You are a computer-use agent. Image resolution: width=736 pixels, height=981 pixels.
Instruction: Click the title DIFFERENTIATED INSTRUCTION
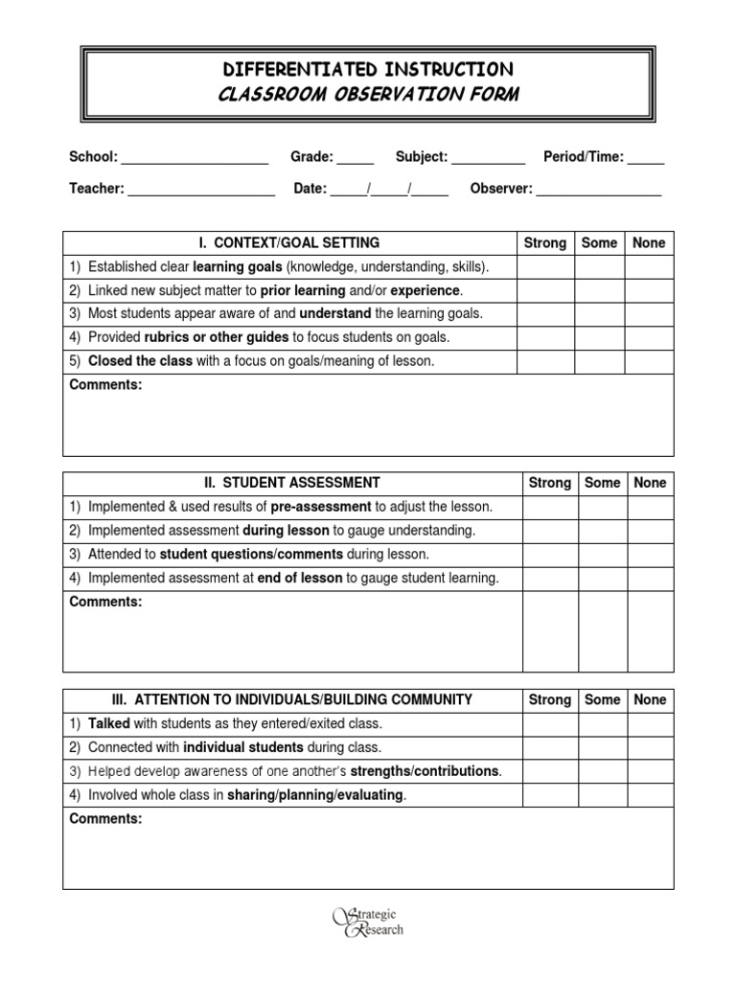click(368, 69)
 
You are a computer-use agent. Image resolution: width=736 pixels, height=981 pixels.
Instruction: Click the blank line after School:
click(195, 158)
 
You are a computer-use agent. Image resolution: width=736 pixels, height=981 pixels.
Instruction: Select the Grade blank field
click(356, 158)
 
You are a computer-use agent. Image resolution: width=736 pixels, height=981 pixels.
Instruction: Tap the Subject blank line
click(488, 158)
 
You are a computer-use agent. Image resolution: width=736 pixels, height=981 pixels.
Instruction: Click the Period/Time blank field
click(646, 158)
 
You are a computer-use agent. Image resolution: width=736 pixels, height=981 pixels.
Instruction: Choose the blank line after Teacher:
click(201, 190)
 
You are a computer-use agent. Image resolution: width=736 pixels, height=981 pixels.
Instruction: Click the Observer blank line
click(598, 190)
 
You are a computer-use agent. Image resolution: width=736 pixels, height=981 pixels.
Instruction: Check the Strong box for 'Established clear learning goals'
click(544, 266)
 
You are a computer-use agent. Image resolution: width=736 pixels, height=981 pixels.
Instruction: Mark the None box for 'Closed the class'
click(649, 361)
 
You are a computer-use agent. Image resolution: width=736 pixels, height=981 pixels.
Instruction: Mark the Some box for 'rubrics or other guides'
click(599, 337)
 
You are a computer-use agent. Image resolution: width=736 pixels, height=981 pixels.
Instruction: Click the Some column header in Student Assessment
click(602, 484)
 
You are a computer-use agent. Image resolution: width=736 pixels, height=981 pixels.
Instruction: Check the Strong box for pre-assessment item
click(550, 507)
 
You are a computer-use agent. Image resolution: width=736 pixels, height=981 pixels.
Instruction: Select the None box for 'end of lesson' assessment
click(650, 579)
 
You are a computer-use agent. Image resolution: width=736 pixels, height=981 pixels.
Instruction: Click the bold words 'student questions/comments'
click(251, 555)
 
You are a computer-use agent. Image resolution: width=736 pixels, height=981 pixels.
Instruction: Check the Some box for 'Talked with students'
click(602, 723)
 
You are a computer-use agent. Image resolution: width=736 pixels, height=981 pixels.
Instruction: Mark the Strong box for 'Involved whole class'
click(550, 795)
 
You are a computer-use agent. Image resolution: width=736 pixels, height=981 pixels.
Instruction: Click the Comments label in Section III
click(105, 819)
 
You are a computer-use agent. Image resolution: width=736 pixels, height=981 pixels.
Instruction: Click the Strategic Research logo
click(368, 922)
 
